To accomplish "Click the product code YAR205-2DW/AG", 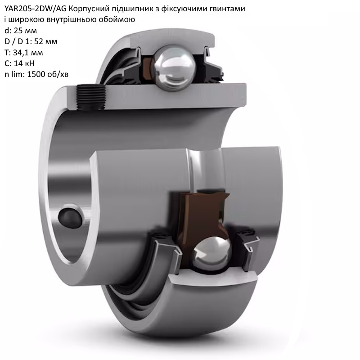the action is click(x=36, y=9).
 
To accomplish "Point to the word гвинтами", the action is click(x=227, y=9).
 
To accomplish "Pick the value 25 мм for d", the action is click(x=25, y=31).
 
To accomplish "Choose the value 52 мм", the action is click(x=46, y=41).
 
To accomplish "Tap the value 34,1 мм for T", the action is click(x=28, y=53).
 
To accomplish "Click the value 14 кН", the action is click(x=24, y=63).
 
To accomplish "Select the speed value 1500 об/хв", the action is click(x=48, y=74).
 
